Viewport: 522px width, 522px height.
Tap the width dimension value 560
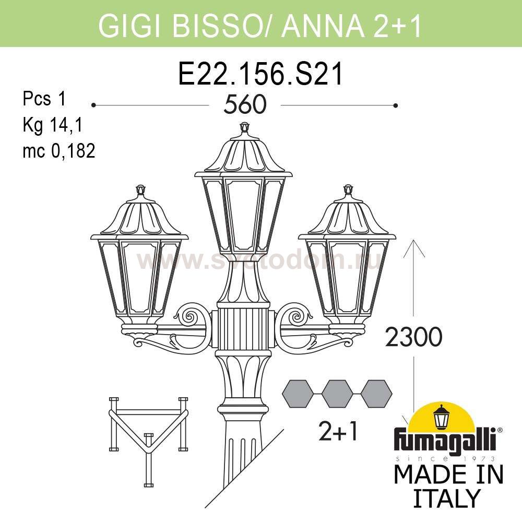click(x=245, y=104)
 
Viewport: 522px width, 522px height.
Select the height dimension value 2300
click(x=413, y=337)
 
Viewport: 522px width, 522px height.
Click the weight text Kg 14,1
click(x=52, y=125)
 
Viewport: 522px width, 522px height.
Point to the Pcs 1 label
click(x=44, y=99)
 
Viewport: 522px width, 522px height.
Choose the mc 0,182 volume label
click(x=59, y=150)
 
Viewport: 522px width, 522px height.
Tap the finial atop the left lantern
click(x=141, y=190)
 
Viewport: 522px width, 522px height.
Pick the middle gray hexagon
click(x=337, y=394)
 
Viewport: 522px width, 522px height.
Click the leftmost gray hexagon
click(x=298, y=394)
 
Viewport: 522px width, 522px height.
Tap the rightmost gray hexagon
click(x=376, y=394)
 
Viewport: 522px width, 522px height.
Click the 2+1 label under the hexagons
click(x=338, y=431)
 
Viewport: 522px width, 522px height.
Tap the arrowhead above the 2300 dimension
click(x=414, y=248)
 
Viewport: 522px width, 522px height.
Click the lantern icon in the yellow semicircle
click(x=442, y=417)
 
